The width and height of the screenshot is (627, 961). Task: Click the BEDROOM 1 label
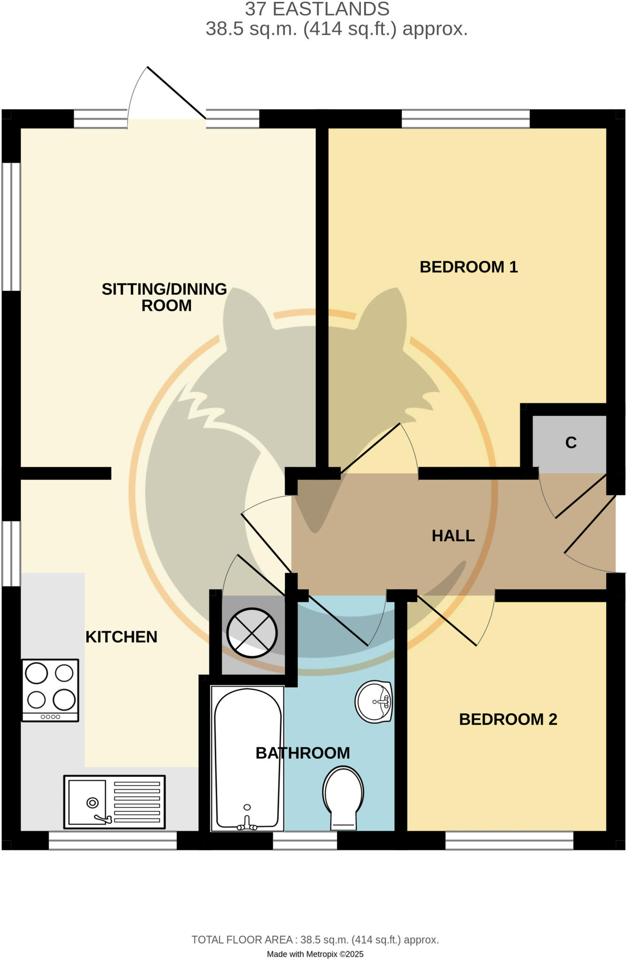(x=468, y=267)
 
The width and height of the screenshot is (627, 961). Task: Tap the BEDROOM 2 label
(x=508, y=719)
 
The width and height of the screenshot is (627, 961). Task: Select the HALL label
(x=453, y=535)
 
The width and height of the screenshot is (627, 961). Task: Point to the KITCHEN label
(x=121, y=637)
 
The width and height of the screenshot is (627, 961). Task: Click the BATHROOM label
(x=303, y=753)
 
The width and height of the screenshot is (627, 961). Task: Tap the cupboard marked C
(x=570, y=442)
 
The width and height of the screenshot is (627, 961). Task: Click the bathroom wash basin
(x=374, y=702)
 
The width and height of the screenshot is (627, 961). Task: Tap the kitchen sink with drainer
(x=115, y=801)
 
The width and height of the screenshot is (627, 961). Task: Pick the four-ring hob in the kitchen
(x=50, y=690)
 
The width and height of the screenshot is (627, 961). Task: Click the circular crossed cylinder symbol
(x=252, y=633)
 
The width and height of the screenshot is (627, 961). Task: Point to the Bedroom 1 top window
(x=466, y=119)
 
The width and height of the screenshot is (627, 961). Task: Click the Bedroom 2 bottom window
(x=509, y=840)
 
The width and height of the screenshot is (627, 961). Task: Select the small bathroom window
(x=305, y=840)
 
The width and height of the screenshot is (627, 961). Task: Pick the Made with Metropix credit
(x=315, y=954)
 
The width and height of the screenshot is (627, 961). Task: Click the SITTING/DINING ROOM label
(x=165, y=297)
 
